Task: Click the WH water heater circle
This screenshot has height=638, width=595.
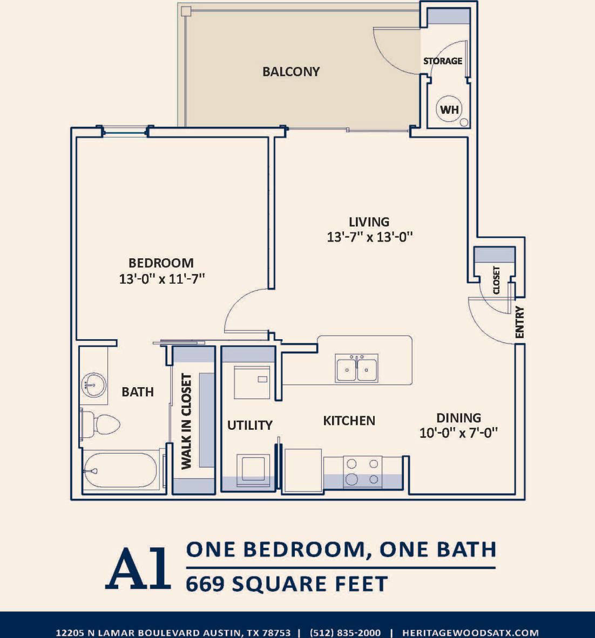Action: pyautogui.click(x=449, y=110)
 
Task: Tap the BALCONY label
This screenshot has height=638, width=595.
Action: pyautogui.click(x=291, y=72)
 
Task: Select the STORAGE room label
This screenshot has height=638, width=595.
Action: pyautogui.click(x=443, y=61)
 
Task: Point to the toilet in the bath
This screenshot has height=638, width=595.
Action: pyautogui.click(x=103, y=424)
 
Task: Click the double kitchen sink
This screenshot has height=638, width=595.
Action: pyautogui.click(x=356, y=368)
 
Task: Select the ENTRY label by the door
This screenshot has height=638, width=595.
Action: pyautogui.click(x=519, y=323)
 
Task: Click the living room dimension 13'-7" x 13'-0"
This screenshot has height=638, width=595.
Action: pyautogui.click(x=370, y=237)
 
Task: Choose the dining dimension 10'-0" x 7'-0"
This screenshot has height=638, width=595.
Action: pyautogui.click(x=458, y=433)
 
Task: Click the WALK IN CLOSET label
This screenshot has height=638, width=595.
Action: pyautogui.click(x=187, y=421)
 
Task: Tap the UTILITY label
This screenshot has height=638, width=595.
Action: pyautogui.click(x=249, y=425)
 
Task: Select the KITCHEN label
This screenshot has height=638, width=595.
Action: pyautogui.click(x=349, y=421)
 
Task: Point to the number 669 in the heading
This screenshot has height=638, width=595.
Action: pyautogui.click(x=205, y=584)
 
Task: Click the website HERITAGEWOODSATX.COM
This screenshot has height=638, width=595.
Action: pyautogui.click(x=470, y=633)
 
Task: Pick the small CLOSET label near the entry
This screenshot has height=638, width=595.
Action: pyautogui.click(x=497, y=280)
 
